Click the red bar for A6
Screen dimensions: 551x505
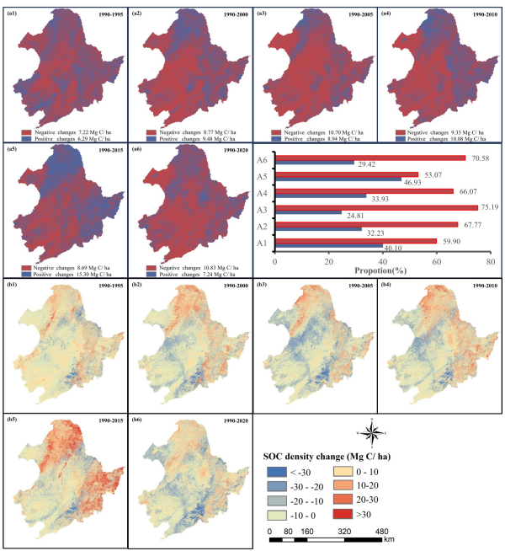pos(371,158)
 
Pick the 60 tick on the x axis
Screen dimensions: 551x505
pos(437,260)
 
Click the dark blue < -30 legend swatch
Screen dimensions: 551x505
pos(272,471)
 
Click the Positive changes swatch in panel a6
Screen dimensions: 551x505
pos(151,275)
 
